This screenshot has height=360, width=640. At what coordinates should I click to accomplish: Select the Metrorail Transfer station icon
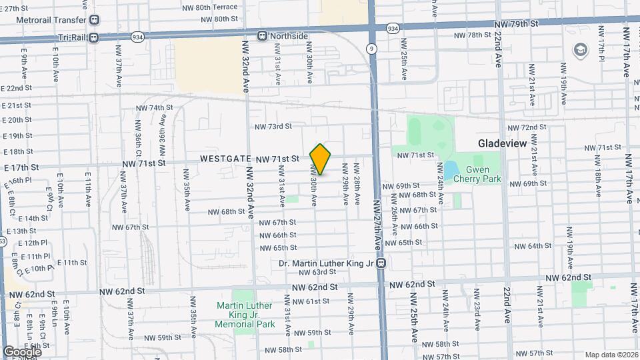(x=94, y=21)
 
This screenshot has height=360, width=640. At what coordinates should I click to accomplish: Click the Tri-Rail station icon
(x=94, y=37)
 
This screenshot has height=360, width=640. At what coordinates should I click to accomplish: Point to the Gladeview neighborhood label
(x=503, y=143)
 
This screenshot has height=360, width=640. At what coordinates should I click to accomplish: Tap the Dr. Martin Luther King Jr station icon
(x=381, y=263)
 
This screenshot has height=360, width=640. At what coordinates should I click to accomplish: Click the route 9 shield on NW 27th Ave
(x=371, y=49)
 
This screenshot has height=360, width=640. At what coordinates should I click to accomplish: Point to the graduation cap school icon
(x=580, y=50)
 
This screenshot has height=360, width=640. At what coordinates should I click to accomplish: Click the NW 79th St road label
(x=516, y=23)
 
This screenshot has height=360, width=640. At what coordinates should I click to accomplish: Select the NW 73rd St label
(x=274, y=127)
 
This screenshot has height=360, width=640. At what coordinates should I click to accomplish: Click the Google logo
(x=22, y=351)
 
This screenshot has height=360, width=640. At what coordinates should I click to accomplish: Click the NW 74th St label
(x=154, y=107)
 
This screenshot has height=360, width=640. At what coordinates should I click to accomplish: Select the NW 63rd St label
(x=317, y=272)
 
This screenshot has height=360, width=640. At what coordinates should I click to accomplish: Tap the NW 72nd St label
(x=527, y=127)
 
